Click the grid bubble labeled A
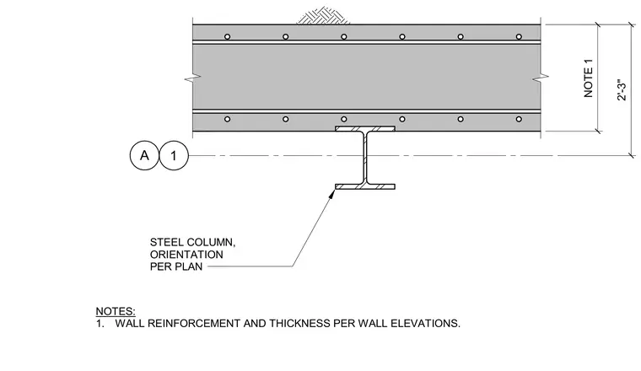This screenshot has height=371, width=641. pyautogui.click(x=144, y=156)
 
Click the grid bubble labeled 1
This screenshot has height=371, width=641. pyautogui.click(x=174, y=156)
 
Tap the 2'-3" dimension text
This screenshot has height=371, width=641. pyautogui.click(x=622, y=90)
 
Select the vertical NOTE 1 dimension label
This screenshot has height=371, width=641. pyautogui.click(x=588, y=78)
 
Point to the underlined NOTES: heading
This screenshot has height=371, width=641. pyautogui.click(x=116, y=311)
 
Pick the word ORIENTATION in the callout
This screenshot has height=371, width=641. pyautogui.click(x=186, y=255)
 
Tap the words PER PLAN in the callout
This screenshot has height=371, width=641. pyautogui.click(x=176, y=266)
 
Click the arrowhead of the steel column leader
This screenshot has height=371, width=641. pyautogui.click(x=332, y=194)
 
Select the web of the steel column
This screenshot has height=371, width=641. pyautogui.click(x=365, y=158)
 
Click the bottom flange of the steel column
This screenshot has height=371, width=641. pyautogui.click(x=365, y=186)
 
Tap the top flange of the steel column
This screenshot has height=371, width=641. pyautogui.click(x=365, y=129)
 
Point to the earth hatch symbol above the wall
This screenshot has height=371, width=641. pyautogui.click(x=323, y=15)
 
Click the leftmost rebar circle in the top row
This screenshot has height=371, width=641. pyautogui.click(x=227, y=37)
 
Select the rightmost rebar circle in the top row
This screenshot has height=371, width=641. pyautogui.click(x=519, y=37)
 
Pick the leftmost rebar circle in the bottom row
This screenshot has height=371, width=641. pyautogui.click(x=227, y=119)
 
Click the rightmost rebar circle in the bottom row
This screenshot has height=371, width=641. pyautogui.click(x=519, y=119)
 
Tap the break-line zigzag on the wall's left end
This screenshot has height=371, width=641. pyautogui.click(x=192, y=78)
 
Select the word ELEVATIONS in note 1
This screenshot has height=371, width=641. pyautogui.click(x=425, y=324)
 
